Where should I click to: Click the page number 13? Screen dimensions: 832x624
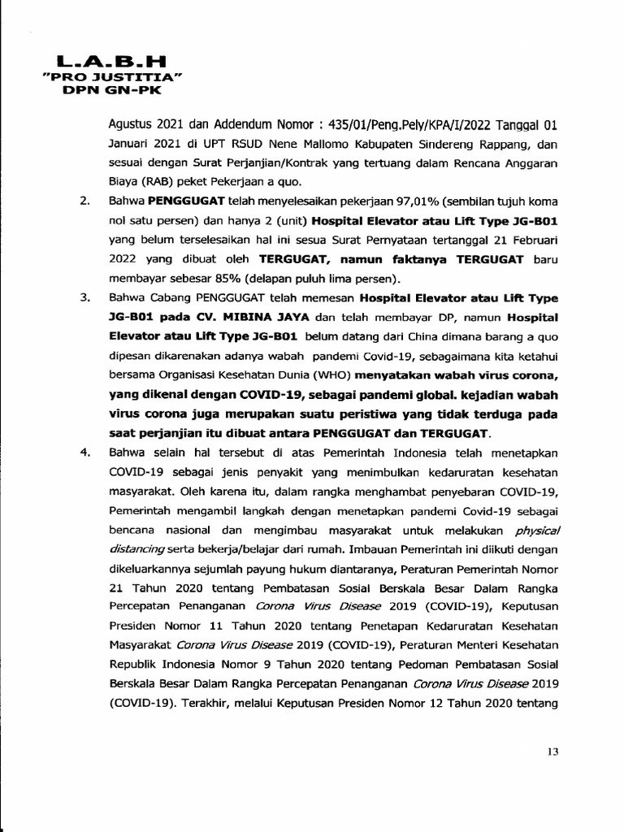coord(553,752)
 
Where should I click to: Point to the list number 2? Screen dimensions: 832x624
coord(84,201)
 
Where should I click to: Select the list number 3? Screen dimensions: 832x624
coord(84,297)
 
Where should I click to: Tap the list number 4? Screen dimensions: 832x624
coord(84,453)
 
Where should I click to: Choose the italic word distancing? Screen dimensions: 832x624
coord(136,549)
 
